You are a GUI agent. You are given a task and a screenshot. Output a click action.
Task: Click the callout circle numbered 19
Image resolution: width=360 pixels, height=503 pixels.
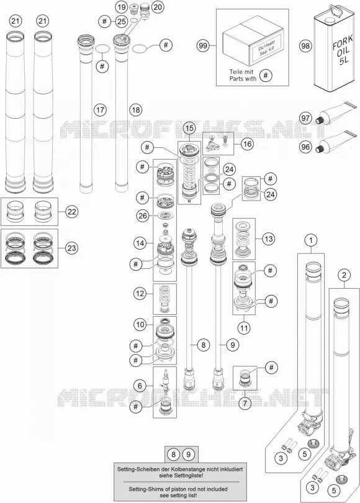click(121, 7)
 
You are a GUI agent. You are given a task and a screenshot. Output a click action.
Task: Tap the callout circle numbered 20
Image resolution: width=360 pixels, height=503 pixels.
click(157, 7)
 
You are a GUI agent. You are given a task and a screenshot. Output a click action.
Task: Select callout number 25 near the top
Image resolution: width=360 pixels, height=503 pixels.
click(121, 22)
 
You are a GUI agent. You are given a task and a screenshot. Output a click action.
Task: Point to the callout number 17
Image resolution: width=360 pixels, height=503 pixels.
click(100, 110)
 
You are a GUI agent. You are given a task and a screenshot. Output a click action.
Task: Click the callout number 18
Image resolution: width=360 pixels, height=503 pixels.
click(135, 110)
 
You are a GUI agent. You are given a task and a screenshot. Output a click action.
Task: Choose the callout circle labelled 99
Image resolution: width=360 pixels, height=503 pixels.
click(202, 46)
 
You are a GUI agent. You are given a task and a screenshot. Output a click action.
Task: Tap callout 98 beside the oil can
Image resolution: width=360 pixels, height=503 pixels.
click(305, 46)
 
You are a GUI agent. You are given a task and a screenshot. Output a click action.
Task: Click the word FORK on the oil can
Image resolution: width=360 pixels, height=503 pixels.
click(343, 42)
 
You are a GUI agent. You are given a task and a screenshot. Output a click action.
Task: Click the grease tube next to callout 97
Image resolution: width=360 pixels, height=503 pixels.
click(335, 112)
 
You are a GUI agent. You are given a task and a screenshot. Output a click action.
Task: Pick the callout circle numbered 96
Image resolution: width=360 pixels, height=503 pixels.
click(305, 147)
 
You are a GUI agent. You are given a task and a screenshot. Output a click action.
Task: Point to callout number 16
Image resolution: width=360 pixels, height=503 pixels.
click(248, 143)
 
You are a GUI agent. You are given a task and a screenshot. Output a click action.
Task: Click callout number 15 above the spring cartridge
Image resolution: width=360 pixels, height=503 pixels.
click(189, 129)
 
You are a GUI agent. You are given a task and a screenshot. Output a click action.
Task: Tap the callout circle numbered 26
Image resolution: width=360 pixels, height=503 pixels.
click(142, 215)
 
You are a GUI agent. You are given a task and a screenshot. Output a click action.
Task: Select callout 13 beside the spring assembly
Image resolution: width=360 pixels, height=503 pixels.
click(269, 238)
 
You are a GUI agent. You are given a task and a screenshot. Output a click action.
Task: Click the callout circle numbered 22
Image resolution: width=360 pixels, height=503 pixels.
click(71, 211)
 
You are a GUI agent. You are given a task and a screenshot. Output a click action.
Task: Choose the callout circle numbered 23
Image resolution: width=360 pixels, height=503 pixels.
click(71, 248)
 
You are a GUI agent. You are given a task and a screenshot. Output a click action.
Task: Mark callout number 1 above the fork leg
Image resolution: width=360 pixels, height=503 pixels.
click(310, 240)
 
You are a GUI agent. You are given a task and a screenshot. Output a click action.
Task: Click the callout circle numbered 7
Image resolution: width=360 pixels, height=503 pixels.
click(245, 403)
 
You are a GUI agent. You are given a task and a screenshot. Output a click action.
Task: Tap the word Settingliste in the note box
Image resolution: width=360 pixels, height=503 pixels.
click(189, 476)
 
